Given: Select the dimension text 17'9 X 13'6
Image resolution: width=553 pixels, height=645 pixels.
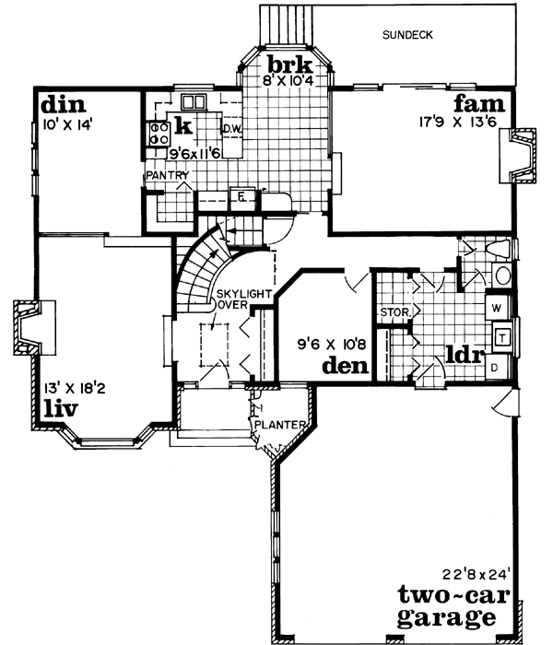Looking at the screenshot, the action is (x=458, y=119).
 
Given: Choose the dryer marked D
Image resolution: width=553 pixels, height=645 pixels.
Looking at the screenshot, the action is (x=496, y=369).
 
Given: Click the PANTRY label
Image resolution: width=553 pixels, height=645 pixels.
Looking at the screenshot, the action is (x=166, y=175).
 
